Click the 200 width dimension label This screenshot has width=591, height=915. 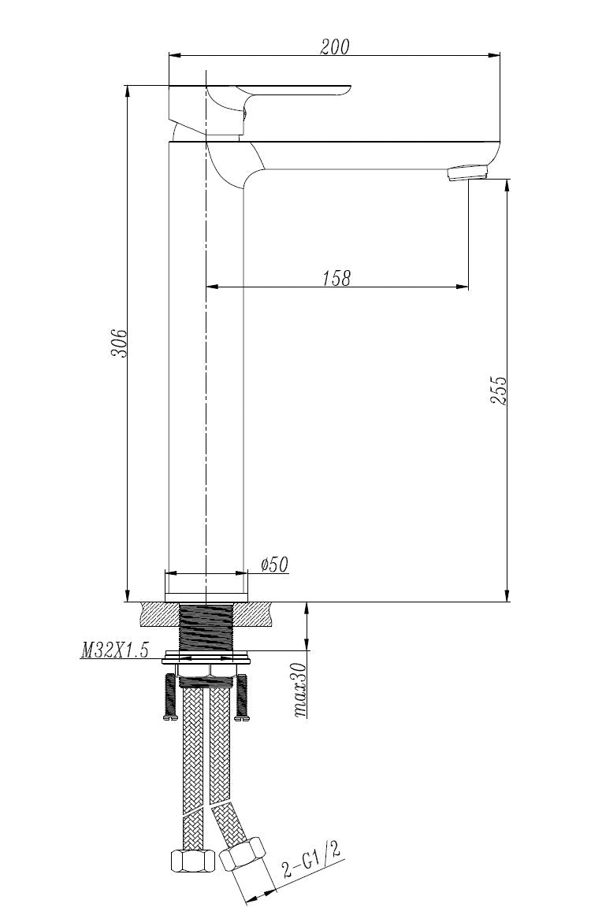(x=335, y=46)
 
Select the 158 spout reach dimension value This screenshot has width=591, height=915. (x=336, y=277)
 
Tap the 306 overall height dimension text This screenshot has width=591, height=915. (x=118, y=344)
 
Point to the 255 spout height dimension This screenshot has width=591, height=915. (x=499, y=390)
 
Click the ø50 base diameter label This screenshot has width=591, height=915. (x=274, y=565)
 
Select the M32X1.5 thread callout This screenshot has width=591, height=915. (x=114, y=651)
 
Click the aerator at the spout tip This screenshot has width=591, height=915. (x=467, y=172)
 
